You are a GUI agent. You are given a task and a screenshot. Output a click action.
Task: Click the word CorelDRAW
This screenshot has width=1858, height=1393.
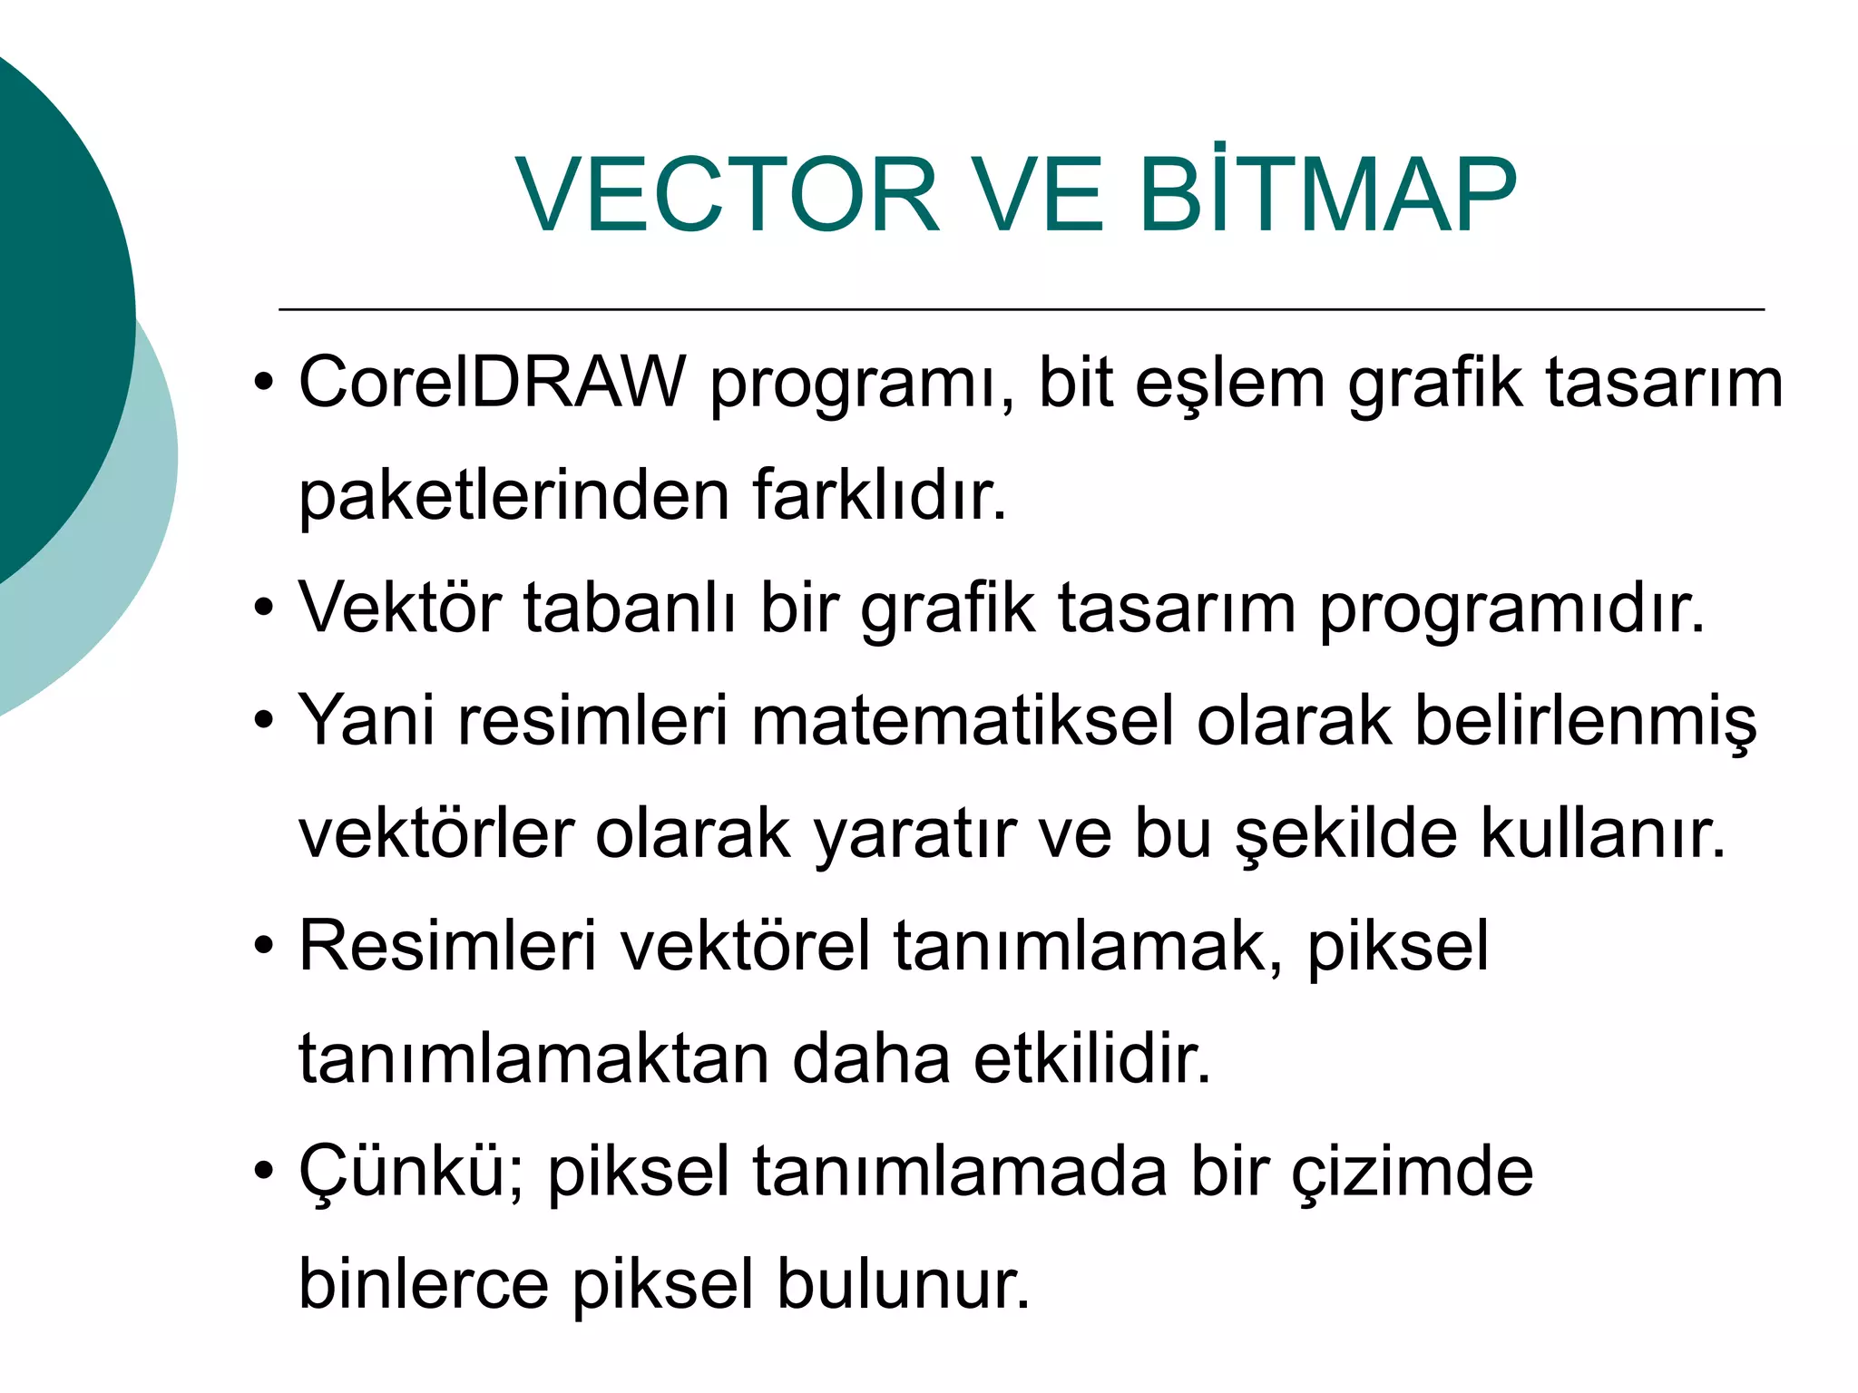492,383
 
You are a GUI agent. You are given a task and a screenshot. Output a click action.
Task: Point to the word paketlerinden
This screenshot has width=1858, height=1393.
513,496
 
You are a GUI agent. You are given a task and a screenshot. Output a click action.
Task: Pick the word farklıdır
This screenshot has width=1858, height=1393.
879,496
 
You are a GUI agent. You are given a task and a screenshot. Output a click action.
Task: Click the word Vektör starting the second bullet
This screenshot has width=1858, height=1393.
399,608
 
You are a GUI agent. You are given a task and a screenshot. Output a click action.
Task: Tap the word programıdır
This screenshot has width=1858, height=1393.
1511,608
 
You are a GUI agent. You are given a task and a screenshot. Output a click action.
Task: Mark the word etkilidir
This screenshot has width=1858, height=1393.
1092,1059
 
